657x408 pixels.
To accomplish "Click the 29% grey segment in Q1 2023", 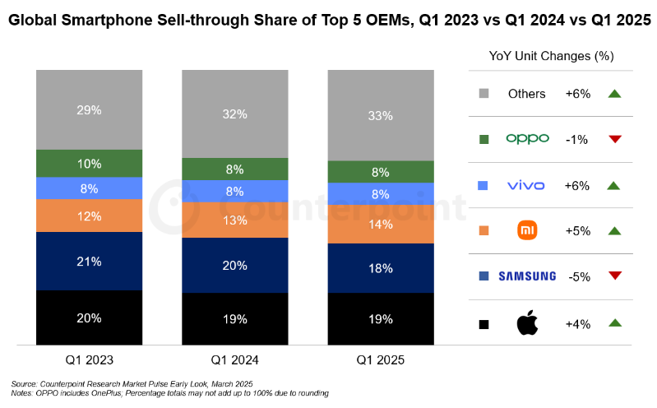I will coord(89,110).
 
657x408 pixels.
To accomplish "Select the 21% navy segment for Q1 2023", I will coord(89,262).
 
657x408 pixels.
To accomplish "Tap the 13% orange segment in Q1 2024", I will coord(235,220).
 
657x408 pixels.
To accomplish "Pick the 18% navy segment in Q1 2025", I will coord(381,268).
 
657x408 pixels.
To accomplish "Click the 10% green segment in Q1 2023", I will coord(89,163).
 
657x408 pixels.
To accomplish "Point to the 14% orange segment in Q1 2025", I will coord(381,224).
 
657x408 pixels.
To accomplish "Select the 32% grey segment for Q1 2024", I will coord(235,114).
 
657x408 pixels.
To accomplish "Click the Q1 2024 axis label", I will coord(235,360).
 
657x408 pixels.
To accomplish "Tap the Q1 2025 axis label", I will coord(381,360).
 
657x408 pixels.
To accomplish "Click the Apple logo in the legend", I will coord(527,323).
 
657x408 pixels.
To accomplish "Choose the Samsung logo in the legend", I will coord(527,276).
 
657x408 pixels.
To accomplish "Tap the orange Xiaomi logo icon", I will coord(527,231).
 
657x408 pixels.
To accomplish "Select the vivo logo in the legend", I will coord(527,185).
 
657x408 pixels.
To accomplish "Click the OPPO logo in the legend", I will coord(527,139).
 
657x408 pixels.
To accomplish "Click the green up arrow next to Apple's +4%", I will coord(613,323).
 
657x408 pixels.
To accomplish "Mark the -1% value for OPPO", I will coord(576,140).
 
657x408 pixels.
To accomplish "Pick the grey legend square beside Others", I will coord(483,94).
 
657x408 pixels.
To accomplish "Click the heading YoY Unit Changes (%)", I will coord(551,57).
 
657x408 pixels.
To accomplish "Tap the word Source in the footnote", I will coord(25,383).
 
